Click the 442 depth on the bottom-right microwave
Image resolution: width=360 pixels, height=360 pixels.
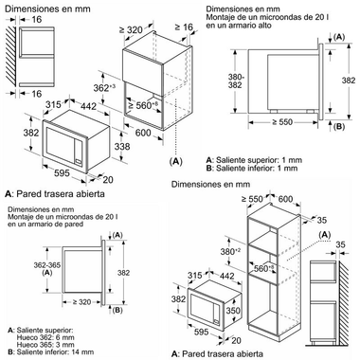[226, 276]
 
